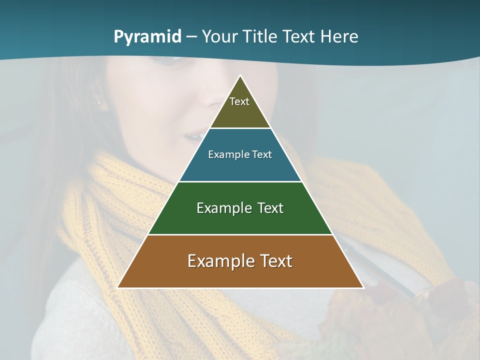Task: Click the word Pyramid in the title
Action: [147, 37]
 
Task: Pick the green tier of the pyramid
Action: [240, 220]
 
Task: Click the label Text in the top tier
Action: [239, 102]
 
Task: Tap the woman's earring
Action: [99, 102]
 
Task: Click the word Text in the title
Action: [301, 37]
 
